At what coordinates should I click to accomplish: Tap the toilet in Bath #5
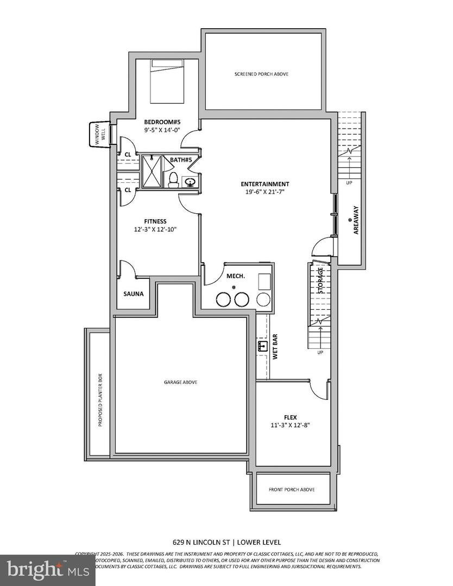tap(173, 179)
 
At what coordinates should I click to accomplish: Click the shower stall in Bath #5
tap(152, 172)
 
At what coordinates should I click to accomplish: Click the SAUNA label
tap(133, 294)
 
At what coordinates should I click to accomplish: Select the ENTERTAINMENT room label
tap(266, 184)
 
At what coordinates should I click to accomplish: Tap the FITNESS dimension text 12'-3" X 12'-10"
tap(155, 230)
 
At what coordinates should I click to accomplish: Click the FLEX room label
tap(290, 417)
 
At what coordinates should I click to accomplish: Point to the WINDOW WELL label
tap(100, 134)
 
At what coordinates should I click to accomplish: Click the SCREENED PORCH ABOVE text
tap(261, 74)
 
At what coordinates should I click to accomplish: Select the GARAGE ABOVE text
tap(180, 382)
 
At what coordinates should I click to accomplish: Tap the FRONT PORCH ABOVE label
tap(292, 489)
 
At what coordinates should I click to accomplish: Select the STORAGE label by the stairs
tap(321, 281)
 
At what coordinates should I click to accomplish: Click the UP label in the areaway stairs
tap(349, 183)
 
